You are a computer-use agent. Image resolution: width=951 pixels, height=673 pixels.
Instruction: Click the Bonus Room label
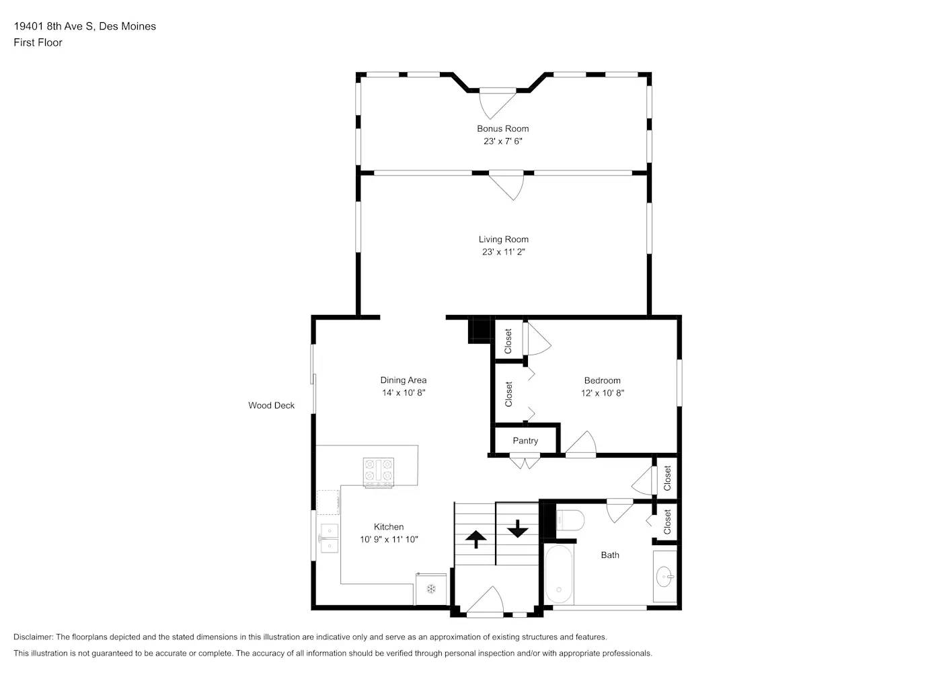click(x=502, y=129)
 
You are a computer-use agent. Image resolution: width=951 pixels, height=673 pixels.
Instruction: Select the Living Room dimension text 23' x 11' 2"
click(x=503, y=252)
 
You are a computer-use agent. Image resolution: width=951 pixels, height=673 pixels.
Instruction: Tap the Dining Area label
click(x=403, y=380)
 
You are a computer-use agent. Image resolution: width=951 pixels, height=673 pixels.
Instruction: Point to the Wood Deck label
click(x=271, y=405)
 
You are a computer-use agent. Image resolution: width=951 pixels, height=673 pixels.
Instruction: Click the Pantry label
click(x=525, y=441)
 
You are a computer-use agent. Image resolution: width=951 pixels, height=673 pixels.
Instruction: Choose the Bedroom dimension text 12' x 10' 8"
click(x=602, y=393)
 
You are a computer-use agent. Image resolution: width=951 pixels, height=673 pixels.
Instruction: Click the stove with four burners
click(x=378, y=472)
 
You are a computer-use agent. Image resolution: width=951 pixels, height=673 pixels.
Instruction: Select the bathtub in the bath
click(x=559, y=575)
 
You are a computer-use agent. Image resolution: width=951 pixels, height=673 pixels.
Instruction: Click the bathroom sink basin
click(x=664, y=576)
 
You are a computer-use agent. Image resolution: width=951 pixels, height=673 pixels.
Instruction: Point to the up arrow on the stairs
click(x=475, y=538)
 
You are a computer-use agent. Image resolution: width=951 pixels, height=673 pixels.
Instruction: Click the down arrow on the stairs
click(x=517, y=528)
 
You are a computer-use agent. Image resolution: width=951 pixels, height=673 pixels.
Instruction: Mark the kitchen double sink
click(x=329, y=538)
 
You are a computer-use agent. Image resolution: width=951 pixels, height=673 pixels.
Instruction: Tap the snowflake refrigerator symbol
click(x=431, y=589)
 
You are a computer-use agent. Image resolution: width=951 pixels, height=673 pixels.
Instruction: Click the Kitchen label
click(x=389, y=527)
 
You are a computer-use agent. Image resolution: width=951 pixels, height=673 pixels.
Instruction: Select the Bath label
click(x=610, y=555)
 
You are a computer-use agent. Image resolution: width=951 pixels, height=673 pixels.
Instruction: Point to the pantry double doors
click(x=524, y=462)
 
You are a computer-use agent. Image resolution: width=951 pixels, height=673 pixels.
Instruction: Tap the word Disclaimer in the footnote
click(x=33, y=637)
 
